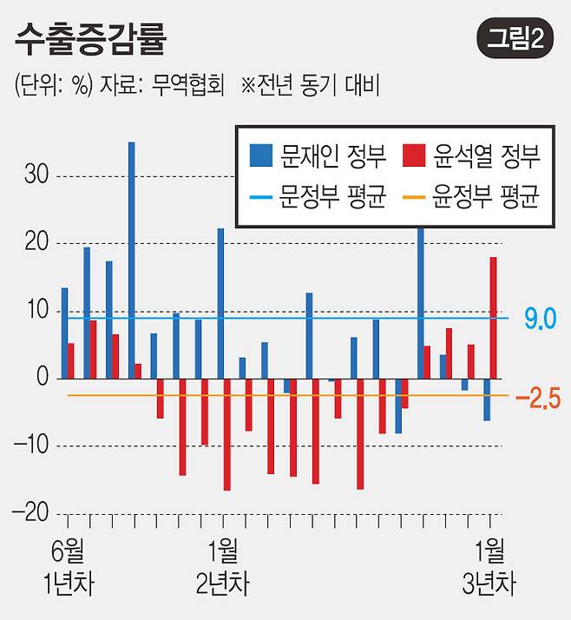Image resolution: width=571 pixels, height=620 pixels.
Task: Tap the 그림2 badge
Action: coord(515,39)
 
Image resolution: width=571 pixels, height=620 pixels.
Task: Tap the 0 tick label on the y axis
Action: coord(41,379)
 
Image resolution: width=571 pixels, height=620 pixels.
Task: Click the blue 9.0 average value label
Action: coord(540,319)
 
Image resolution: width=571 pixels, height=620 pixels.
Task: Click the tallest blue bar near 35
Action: coord(132,261)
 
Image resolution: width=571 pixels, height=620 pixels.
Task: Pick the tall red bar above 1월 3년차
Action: coord(493,318)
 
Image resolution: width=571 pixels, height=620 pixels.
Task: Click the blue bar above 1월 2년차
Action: coord(220,304)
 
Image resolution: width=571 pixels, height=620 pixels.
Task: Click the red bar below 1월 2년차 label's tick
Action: coord(227,434)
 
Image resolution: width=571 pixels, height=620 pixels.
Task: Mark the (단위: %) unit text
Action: coord(53,86)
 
